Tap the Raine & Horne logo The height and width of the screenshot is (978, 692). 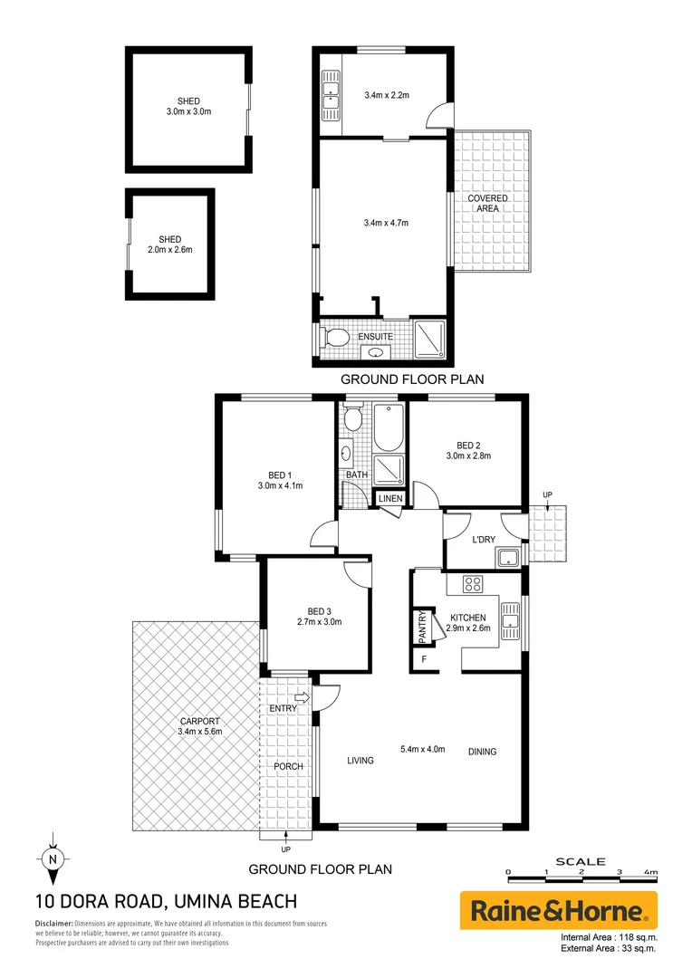pyautogui.click(x=559, y=910)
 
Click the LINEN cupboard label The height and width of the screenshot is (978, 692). pyautogui.click(x=390, y=499)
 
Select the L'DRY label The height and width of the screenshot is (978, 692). pyautogui.click(x=483, y=541)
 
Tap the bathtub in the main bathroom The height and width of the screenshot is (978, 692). pyautogui.click(x=389, y=429)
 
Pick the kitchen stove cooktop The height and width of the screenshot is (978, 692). pyautogui.click(x=473, y=584)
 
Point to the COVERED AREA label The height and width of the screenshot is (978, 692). pyautogui.click(x=487, y=203)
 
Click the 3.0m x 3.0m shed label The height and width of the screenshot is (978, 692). pyautogui.click(x=188, y=106)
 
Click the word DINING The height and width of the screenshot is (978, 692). pyautogui.click(x=482, y=752)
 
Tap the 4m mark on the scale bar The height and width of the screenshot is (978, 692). pyautogui.click(x=649, y=871)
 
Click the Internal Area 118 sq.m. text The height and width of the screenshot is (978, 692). pyautogui.click(x=609, y=937)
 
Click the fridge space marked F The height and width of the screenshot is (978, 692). pyautogui.click(x=423, y=658)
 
